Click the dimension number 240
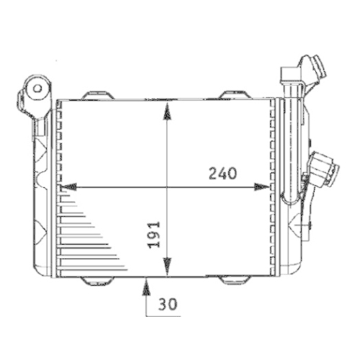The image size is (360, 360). pyautogui.click(x=223, y=174)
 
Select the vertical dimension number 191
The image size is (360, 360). pyautogui.click(x=153, y=235)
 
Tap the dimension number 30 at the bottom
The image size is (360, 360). pyautogui.click(x=168, y=305)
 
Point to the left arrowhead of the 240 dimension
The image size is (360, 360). pyautogui.click(x=68, y=187)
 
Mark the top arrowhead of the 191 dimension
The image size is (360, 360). pyautogui.click(x=167, y=108)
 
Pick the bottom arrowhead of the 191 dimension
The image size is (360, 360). pyautogui.click(x=167, y=268)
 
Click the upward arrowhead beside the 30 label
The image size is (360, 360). pyautogui.click(x=146, y=287)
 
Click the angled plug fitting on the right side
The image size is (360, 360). pyautogui.click(x=322, y=171)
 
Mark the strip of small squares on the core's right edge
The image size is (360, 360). pyautogui.click(x=271, y=187)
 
